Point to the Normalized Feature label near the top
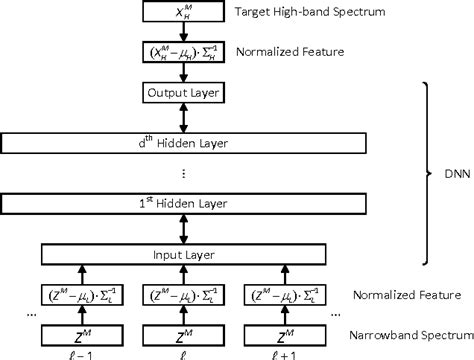tap(282, 50)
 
